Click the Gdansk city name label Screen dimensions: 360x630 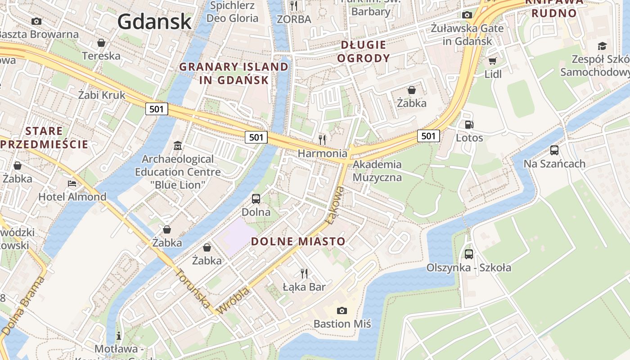pos(154,21)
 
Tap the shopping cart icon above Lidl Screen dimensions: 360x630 pos(493,61)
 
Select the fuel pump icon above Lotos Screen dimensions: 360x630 pos(469,125)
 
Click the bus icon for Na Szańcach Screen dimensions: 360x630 pos(554,150)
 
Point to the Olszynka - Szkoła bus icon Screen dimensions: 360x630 pos(469,254)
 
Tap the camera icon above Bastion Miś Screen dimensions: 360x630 pos(342,310)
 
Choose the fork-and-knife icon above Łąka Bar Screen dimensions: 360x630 pos(304,273)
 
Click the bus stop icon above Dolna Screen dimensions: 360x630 pos(256,198)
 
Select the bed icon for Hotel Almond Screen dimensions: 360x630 pos(72,184)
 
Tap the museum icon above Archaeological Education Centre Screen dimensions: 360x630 pos(178,146)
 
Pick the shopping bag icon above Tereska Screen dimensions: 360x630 pos(101,43)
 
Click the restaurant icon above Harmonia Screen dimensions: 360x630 pos(322,139)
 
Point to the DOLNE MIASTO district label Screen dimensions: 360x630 pos(298,242)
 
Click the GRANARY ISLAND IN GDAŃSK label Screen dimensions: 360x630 pos(234,73)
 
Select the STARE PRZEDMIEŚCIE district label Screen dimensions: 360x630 pos(44,138)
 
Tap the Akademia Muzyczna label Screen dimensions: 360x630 pos(377,171)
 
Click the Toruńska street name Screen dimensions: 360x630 pos(192,288)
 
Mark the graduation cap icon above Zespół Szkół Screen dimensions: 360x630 pos(602,46)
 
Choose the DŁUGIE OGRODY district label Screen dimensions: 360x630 pos(363,51)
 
